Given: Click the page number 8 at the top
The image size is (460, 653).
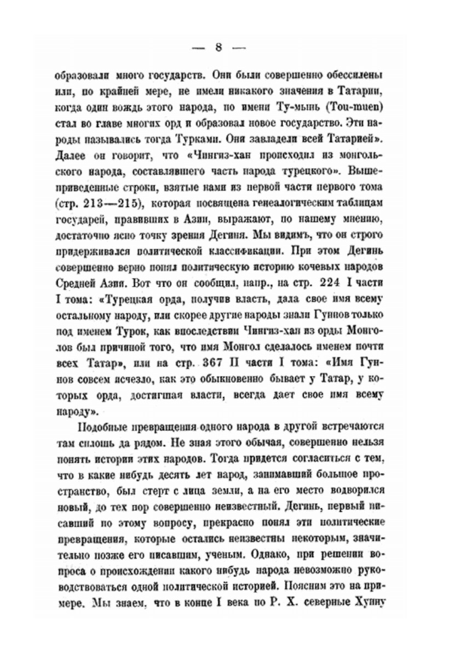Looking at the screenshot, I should [218, 47].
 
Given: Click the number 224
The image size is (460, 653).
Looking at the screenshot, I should [323, 285].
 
